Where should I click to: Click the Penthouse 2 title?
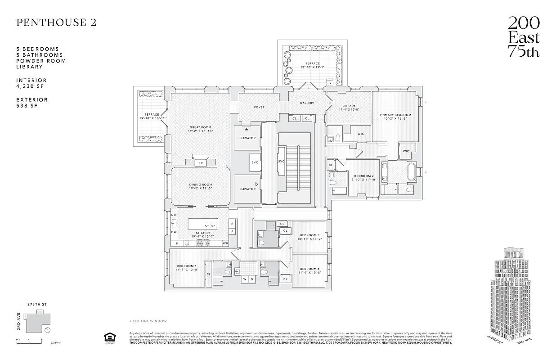(56, 23)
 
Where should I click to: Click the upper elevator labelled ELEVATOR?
(247, 138)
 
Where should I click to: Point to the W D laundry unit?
(248, 279)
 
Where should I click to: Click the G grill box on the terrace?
(330, 83)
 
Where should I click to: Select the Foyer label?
(259, 107)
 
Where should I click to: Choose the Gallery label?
(307, 103)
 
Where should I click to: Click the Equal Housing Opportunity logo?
(108, 337)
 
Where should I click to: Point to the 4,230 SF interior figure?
(32, 86)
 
